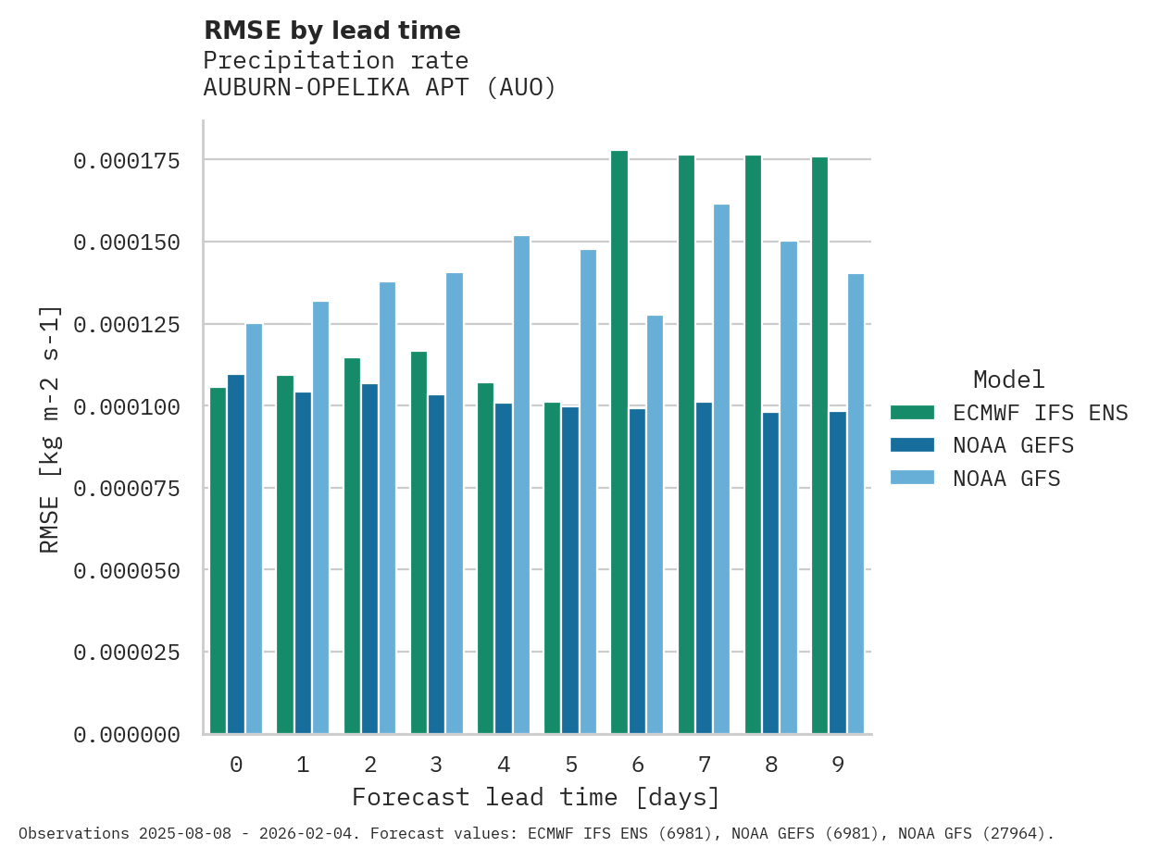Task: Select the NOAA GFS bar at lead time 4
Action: [x=521, y=485]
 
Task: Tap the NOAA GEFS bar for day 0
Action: [x=236, y=554]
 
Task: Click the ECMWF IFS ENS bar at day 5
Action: [x=553, y=568]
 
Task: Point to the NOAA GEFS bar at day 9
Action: [x=838, y=573]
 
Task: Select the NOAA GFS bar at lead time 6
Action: [x=655, y=525]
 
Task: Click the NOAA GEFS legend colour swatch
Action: [x=912, y=445]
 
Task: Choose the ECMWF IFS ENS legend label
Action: [x=1040, y=413]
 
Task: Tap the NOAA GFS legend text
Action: [x=1005, y=479]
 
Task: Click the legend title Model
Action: [x=1008, y=380]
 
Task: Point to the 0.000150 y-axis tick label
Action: [x=127, y=243]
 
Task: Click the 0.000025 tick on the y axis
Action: [x=127, y=653]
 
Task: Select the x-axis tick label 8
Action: [x=770, y=765]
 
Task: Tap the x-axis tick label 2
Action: [x=369, y=765]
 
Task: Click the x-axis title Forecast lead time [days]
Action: [x=535, y=797]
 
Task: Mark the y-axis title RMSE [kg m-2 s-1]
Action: [x=50, y=429]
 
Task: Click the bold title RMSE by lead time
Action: [x=331, y=31]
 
